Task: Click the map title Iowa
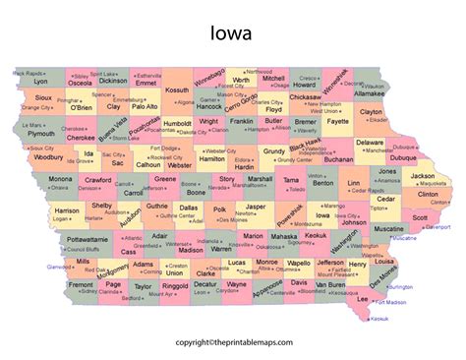click(232, 34)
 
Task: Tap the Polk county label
click(218, 209)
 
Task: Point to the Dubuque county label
click(402, 156)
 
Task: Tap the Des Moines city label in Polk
click(233, 219)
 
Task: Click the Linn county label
click(353, 184)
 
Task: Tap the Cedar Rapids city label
click(361, 192)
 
